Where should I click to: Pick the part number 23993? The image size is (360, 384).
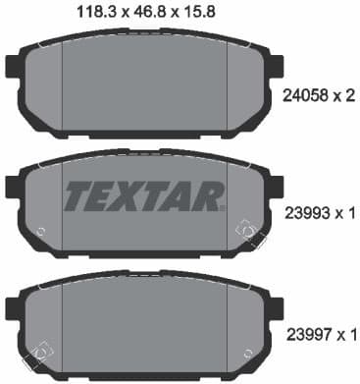click(296, 212)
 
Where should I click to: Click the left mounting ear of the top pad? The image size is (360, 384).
click(13, 69)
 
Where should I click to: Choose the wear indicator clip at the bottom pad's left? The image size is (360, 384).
click(38, 351)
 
